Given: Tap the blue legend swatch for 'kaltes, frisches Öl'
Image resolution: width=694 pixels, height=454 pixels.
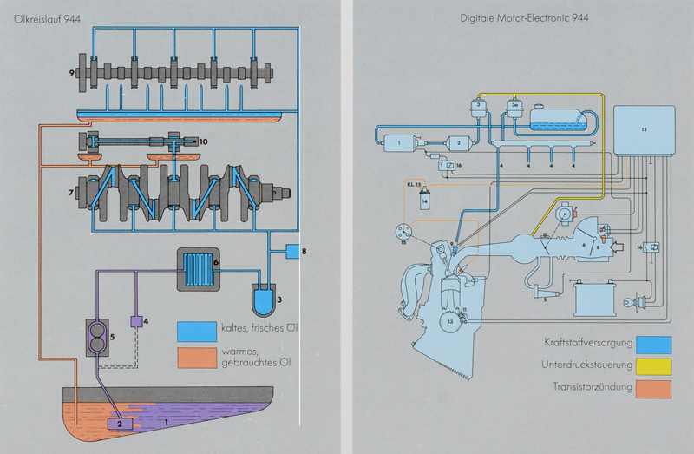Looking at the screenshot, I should click(198, 332).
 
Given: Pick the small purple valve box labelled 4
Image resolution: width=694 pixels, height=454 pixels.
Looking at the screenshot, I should click(136, 320).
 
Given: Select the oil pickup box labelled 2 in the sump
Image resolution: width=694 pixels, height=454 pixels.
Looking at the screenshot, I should click(116, 424).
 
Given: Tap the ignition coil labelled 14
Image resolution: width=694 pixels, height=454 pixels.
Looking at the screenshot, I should click(424, 201).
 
